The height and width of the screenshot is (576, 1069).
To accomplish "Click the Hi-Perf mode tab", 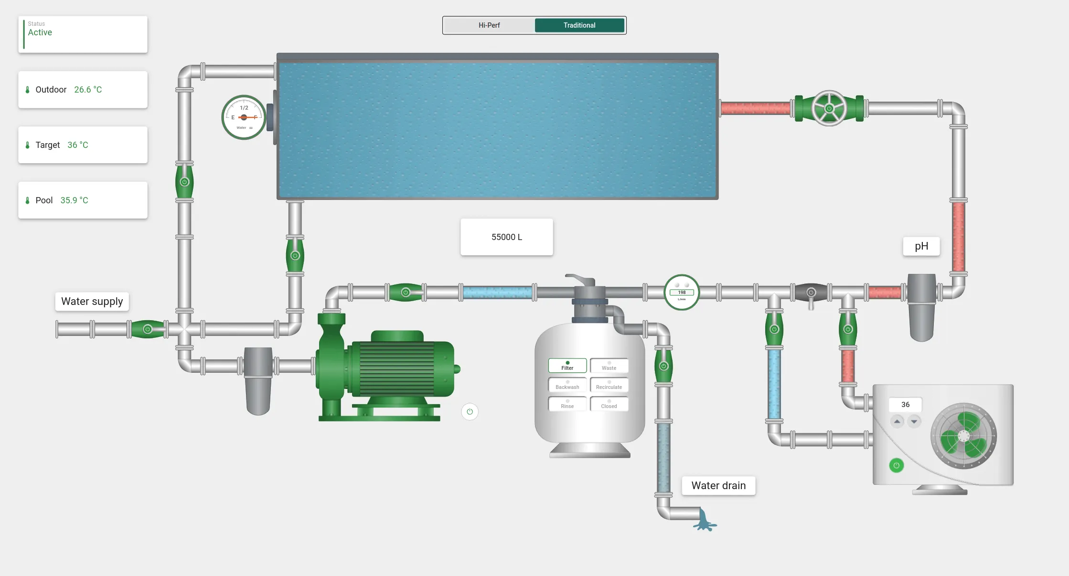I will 489,25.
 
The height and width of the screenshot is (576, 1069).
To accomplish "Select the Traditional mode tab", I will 579,25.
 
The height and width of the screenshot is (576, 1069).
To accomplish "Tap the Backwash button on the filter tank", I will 567,385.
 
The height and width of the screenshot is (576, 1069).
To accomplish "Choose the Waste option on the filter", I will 609,366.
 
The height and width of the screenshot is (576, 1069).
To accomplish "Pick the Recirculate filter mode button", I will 609,385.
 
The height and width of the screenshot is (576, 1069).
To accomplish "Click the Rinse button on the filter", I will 567,404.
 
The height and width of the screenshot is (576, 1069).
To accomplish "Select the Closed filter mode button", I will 609,404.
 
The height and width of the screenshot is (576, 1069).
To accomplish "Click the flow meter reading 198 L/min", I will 682,292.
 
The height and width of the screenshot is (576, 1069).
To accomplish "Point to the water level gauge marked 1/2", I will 244,117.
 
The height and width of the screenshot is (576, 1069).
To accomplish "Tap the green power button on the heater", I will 896,465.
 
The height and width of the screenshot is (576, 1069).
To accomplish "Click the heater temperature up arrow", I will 897,421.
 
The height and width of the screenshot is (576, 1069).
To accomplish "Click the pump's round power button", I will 470,411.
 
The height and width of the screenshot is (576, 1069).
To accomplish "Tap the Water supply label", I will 92,302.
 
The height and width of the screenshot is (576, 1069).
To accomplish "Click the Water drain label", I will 718,485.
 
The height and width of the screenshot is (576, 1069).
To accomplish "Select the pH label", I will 921,246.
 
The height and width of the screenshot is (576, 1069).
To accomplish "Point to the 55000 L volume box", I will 507,237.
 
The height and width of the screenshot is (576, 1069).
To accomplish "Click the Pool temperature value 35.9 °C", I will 74,200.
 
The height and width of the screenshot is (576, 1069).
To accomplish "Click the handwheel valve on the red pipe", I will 829,108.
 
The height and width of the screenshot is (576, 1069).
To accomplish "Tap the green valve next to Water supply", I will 148,329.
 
